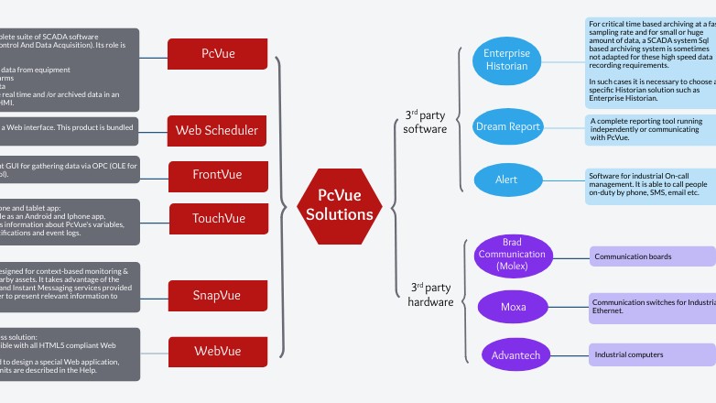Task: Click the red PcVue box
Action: pos(218,53)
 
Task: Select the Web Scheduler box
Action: pos(217,130)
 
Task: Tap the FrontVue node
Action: pos(218,174)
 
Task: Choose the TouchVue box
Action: pos(218,219)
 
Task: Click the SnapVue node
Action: pos(217,295)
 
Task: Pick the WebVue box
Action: pos(217,350)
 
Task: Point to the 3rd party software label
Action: pos(426,122)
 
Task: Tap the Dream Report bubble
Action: pos(506,126)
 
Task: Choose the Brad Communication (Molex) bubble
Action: pos(512,254)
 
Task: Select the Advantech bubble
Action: pos(512,354)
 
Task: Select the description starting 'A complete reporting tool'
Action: pos(650,128)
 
